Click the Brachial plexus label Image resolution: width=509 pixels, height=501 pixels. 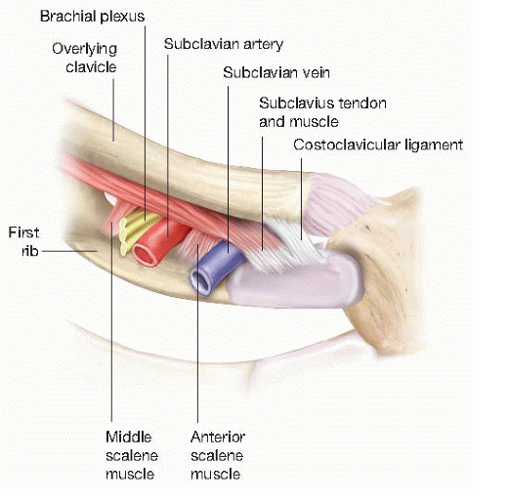92,17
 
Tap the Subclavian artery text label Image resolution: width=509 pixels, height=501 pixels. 224,44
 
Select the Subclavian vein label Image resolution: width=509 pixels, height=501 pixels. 276,73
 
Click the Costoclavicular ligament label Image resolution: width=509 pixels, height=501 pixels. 378,146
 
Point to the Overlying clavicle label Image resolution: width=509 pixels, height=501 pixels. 84,58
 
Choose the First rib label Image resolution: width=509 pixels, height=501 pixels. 23,242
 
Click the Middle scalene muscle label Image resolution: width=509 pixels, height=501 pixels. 132,455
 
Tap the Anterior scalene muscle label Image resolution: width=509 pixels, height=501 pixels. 218,455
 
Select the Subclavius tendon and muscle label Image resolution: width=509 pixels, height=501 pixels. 322,112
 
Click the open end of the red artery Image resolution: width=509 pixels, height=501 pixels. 145,255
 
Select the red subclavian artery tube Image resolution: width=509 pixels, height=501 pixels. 161,242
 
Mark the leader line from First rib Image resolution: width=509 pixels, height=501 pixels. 69,251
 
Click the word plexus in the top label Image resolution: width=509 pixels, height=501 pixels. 122,18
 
